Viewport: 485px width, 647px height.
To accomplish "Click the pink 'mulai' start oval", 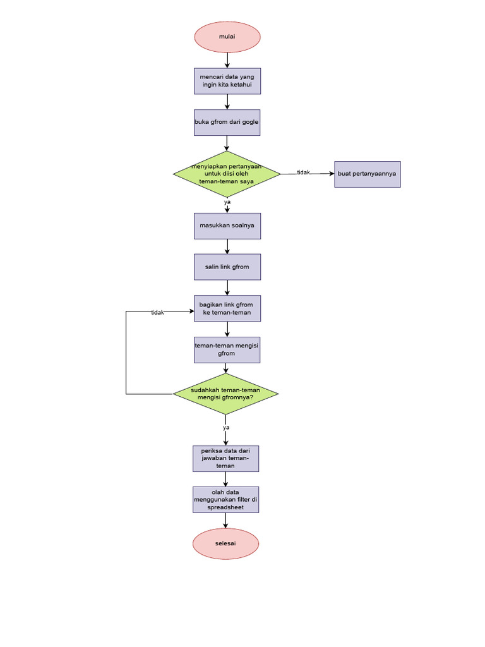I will [227, 37].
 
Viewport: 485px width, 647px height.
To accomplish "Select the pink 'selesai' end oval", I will [225, 543].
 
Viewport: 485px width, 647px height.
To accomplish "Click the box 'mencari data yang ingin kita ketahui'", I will [227, 81].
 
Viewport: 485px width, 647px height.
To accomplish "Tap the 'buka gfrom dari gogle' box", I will [227, 122].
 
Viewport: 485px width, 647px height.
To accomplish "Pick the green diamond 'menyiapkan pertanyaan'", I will [227, 174].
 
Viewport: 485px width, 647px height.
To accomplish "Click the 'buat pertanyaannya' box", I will [367, 174].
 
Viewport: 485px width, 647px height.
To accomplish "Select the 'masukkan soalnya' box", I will [227, 226].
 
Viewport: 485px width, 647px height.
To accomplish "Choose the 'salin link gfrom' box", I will [227, 267].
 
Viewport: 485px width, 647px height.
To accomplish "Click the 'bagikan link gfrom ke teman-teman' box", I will [227, 308].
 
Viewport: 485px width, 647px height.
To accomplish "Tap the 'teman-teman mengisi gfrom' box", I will [227, 349].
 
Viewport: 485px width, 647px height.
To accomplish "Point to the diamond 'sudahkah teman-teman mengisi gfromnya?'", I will [225, 394].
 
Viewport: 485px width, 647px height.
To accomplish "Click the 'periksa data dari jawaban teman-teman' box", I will [225, 458].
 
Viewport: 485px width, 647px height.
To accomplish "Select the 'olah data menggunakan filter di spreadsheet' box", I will [225, 499].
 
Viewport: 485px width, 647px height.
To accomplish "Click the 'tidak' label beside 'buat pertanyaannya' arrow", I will [303, 172].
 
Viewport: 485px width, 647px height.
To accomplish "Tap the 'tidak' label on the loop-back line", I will [157, 313].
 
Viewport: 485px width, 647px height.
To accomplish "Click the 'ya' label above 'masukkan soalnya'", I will [227, 202].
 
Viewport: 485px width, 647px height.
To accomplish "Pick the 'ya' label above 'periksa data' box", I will [225, 428].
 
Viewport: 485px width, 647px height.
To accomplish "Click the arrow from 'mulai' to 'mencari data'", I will [227, 60].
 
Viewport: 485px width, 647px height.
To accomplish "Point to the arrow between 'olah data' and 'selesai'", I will [225, 520].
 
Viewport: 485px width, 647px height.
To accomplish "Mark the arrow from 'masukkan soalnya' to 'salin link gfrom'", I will [227, 246].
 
